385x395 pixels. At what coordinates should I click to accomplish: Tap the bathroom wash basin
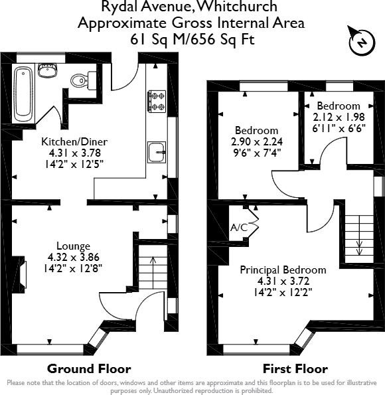click(x=47, y=70)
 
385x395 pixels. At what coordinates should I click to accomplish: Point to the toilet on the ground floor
click(x=80, y=80)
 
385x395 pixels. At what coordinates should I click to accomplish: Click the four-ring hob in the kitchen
click(x=157, y=100)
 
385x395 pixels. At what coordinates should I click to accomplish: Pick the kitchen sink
click(x=157, y=152)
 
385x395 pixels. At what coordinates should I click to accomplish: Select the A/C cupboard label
click(x=239, y=228)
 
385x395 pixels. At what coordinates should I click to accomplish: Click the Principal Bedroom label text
click(x=283, y=270)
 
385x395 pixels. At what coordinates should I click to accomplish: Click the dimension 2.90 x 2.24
click(x=255, y=142)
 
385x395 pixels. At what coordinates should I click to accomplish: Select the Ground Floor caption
click(x=88, y=369)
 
